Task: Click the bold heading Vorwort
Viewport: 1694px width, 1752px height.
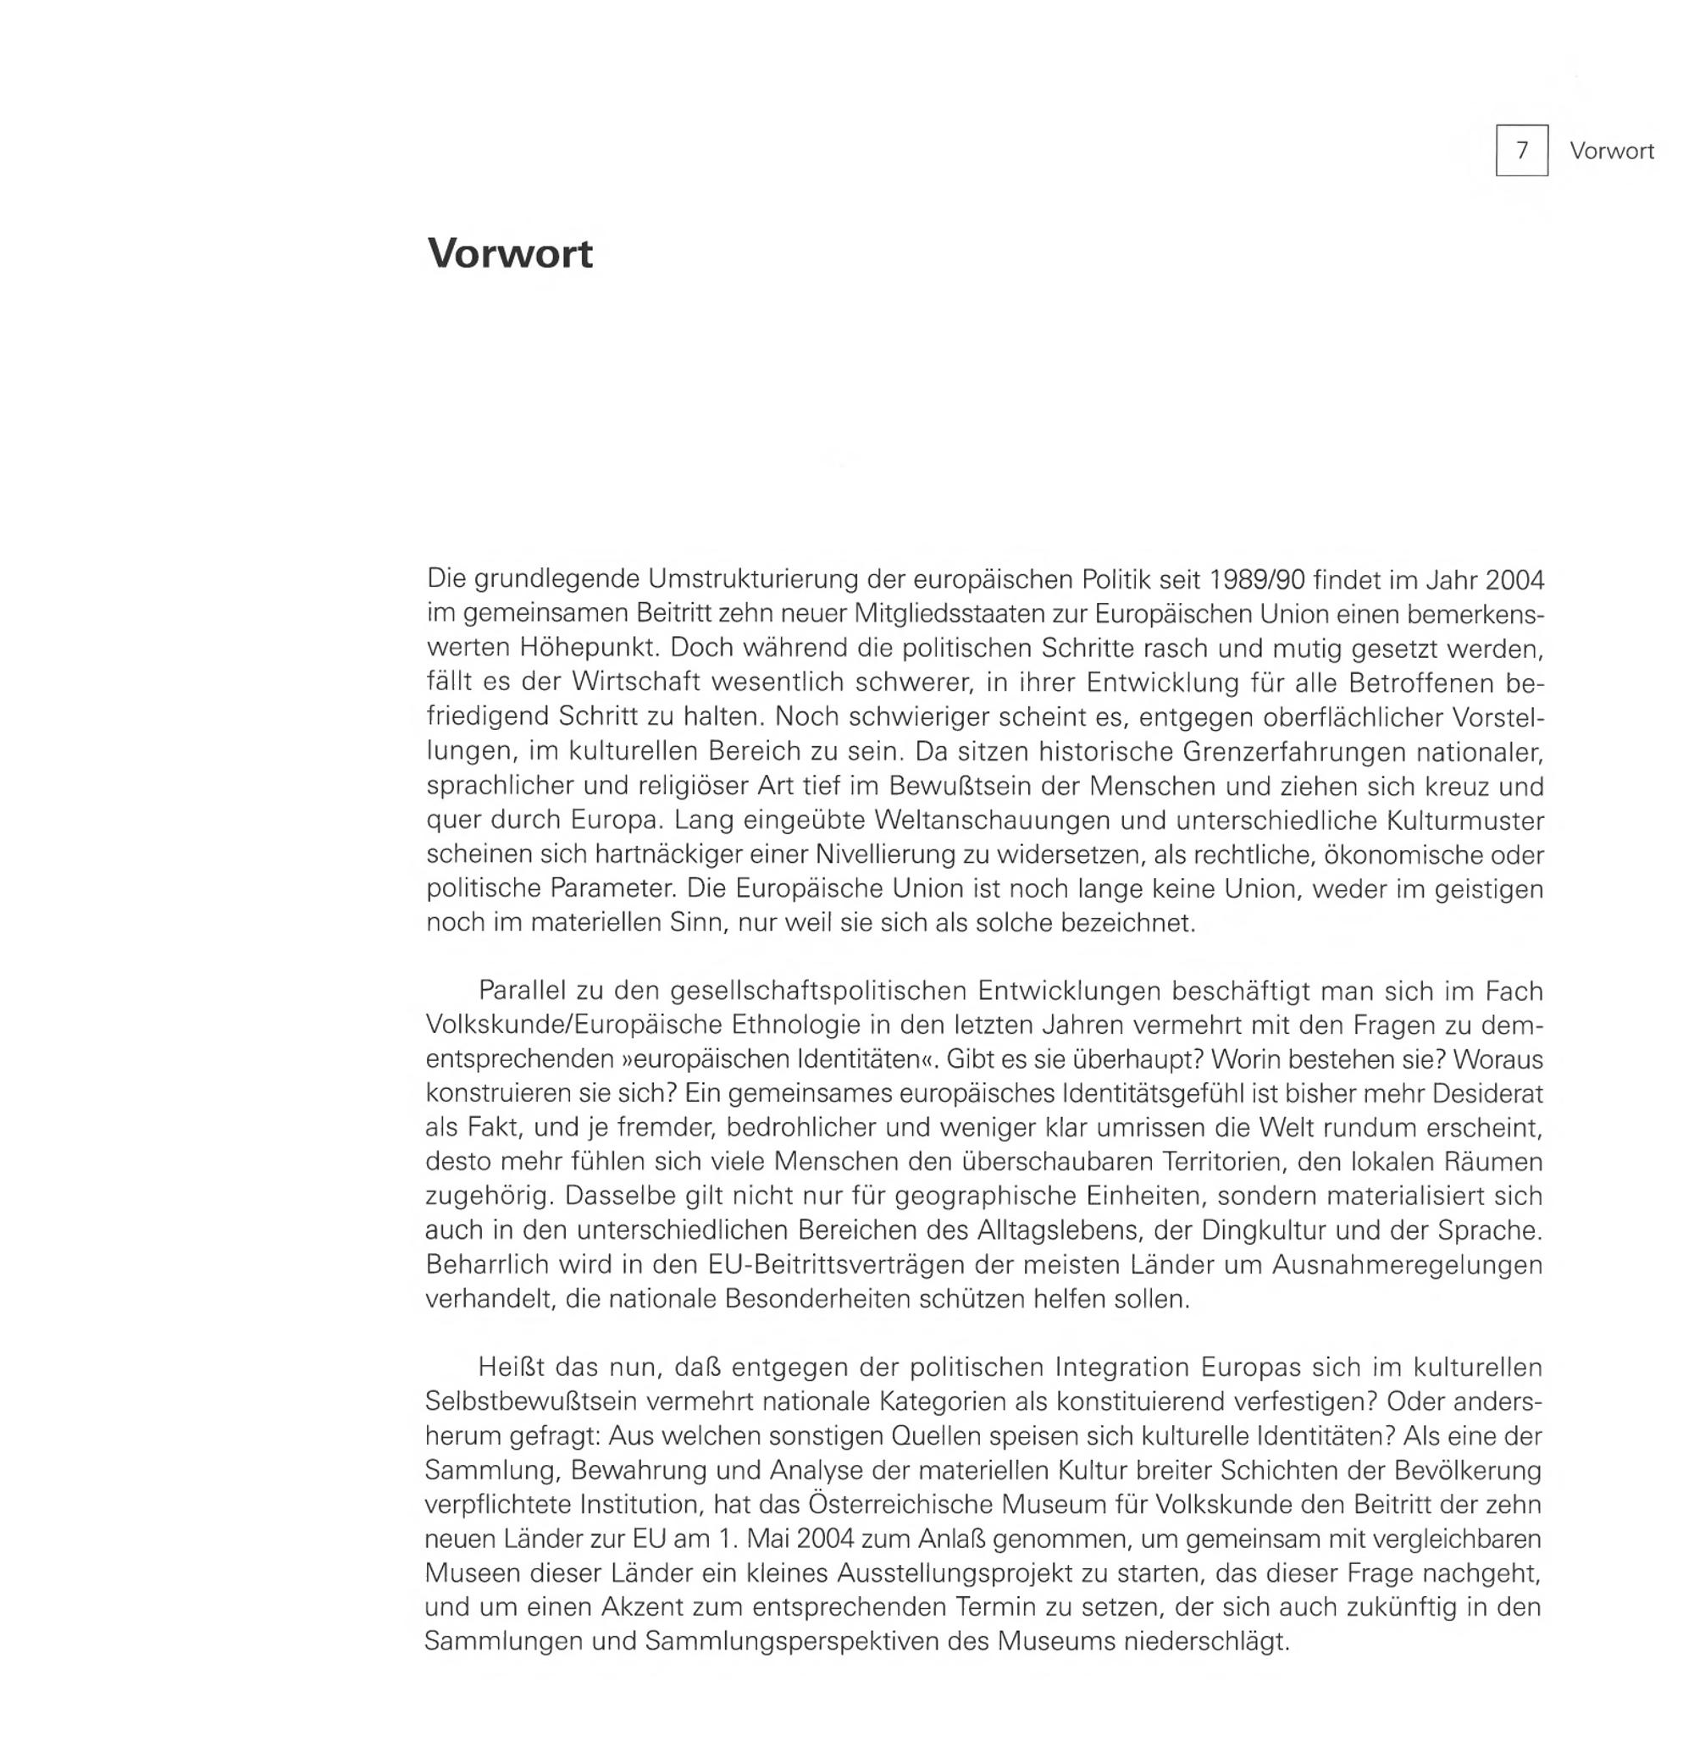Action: click(x=510, y=254)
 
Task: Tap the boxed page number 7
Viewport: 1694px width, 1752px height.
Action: click(x=1521, y=151)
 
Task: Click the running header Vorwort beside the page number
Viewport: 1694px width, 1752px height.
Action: click(x=1611, y=151)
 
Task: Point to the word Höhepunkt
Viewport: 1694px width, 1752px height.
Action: click(x=586, y=647)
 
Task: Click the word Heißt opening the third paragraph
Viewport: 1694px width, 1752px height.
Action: click(x=512, y=1367)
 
